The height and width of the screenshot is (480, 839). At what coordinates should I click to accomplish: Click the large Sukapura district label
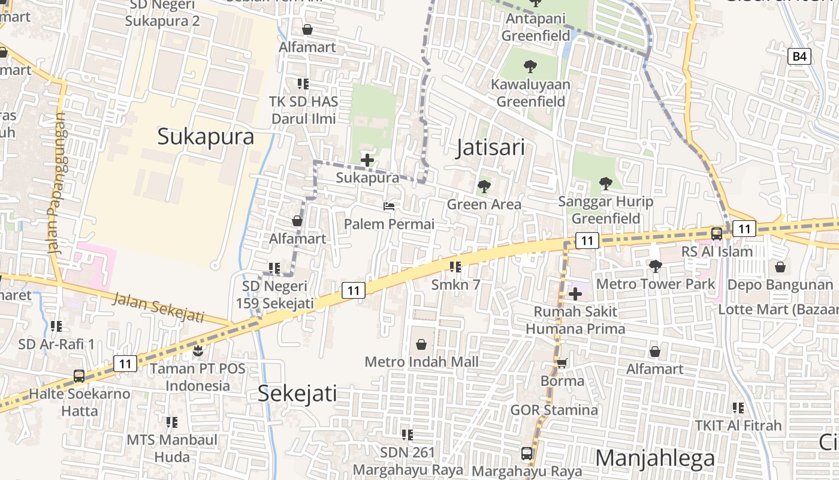click(x=206, y=136)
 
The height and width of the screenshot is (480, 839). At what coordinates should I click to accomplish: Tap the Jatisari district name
click(x=490, y=147)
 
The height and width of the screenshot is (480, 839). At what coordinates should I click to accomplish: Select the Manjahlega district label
click(x=655, y=458)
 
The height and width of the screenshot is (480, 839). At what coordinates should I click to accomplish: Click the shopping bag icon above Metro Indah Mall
click(x=421, y=344)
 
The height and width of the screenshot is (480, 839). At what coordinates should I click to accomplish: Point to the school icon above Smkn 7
click(x=455, y=266)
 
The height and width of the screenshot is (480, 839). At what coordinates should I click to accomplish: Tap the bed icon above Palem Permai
click(x=389, y=206)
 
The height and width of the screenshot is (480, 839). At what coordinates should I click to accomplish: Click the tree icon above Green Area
click(x=484, y=187)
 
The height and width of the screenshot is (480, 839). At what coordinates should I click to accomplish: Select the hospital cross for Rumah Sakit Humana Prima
click(x=575, y=294)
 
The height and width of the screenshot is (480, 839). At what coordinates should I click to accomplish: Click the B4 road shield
click(x=799, y=56)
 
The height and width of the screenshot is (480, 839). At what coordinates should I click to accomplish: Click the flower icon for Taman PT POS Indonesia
click(x=198, y=350)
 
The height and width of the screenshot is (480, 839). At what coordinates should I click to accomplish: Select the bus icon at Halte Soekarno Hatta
click(x=79, y=376)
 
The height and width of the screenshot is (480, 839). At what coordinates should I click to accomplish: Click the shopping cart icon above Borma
click(x=562, y=363)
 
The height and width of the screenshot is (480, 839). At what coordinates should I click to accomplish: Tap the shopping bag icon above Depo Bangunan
click(x=780, y=266)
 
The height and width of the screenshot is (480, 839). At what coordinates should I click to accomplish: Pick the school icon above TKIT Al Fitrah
click(x=738, y=408)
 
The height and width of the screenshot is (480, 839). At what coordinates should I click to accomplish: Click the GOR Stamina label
click(x=554, y=410)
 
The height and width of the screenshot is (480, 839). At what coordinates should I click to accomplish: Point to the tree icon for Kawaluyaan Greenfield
click(x=530, y=66)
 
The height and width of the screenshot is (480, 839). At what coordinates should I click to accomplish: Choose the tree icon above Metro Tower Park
click(x=656, y=265)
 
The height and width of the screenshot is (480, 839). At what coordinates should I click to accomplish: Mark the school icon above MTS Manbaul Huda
click(x=172, y=422)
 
